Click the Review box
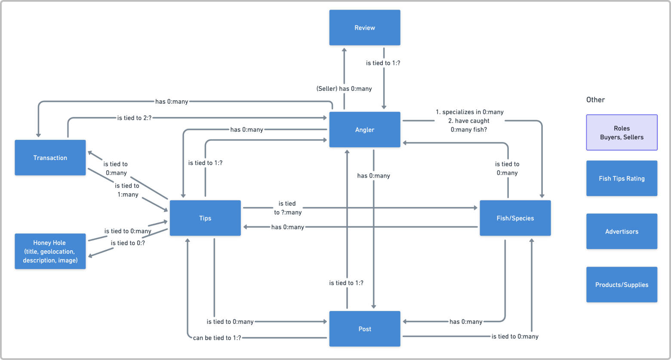pyautogui.click(x=365, y=28)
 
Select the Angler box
pyautogui.click(x=365, y=129)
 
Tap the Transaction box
pyautogui.click(x=50, y=157)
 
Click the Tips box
pyautogui.click(x=205, y=218)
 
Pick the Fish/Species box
pyautogui.click(x=515, y=218)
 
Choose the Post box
pyautogui.click(x=365, y=329)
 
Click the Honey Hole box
pyautogui.click(x=50, y=251)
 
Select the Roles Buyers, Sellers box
pyautogui.click(x=622, y=132)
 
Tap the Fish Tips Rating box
pyautogui.click(x=622, y=178)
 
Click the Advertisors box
pyautogui.click(x=622, y=231)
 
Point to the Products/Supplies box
pyautogui.click(x=622, y=285)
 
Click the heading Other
pyautogui.click(x=595, y=100)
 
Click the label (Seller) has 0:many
pyautogui.click(x=344, y=89)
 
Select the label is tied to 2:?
pyautogui.click(x=135, y=118)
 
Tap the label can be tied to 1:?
pyautogui.click(x=217, y=338)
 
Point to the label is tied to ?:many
pyautogui.click(x=288, y=208)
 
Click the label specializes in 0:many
pyautogui.click(x=473, y=112)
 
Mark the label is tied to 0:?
pyautogui.click(x=128, y=243)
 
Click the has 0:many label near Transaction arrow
pyautogui.click(x=172, y=102)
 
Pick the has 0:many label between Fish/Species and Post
pyautogui.click(x=466, y=322)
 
